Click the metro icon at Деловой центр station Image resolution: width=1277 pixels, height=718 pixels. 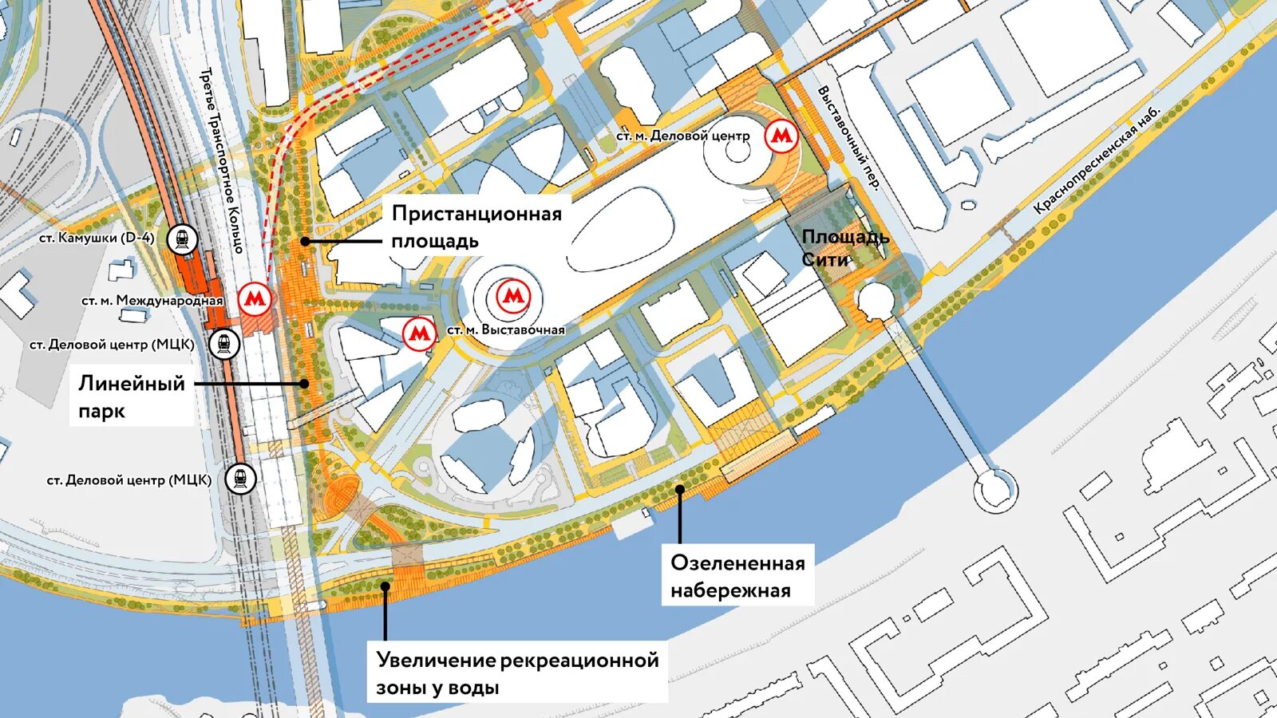click(x=781, y=136)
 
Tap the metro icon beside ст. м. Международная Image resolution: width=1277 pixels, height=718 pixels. click(x=255, y=299)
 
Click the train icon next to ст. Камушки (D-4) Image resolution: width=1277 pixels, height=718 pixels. click(x=183, y=239)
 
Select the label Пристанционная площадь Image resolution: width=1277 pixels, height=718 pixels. click(x=476, y=227)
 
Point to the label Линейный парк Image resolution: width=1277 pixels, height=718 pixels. click(x=131, y=396)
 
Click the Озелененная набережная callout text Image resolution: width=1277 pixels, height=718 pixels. click(x=737, y=576)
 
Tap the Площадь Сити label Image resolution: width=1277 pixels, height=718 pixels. click(x=844, y=247)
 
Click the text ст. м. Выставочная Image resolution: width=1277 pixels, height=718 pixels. click(x=505, y=329)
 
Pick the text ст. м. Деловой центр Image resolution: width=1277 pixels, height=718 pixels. click(x=682, y=136)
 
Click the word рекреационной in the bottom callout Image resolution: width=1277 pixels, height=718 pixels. click(x=579, y=661)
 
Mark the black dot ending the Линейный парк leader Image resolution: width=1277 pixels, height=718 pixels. click(x=304, y=384)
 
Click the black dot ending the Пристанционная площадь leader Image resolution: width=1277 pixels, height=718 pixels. click(x=304, y=241)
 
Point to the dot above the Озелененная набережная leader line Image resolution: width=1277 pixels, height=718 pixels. click(x=680, y=488)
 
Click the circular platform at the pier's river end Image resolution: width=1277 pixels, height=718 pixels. click(x=995, y=487)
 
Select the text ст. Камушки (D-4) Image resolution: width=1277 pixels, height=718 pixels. click(x=97, y=238)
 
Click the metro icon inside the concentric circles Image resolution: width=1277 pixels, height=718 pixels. click(x=512, y=297)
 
